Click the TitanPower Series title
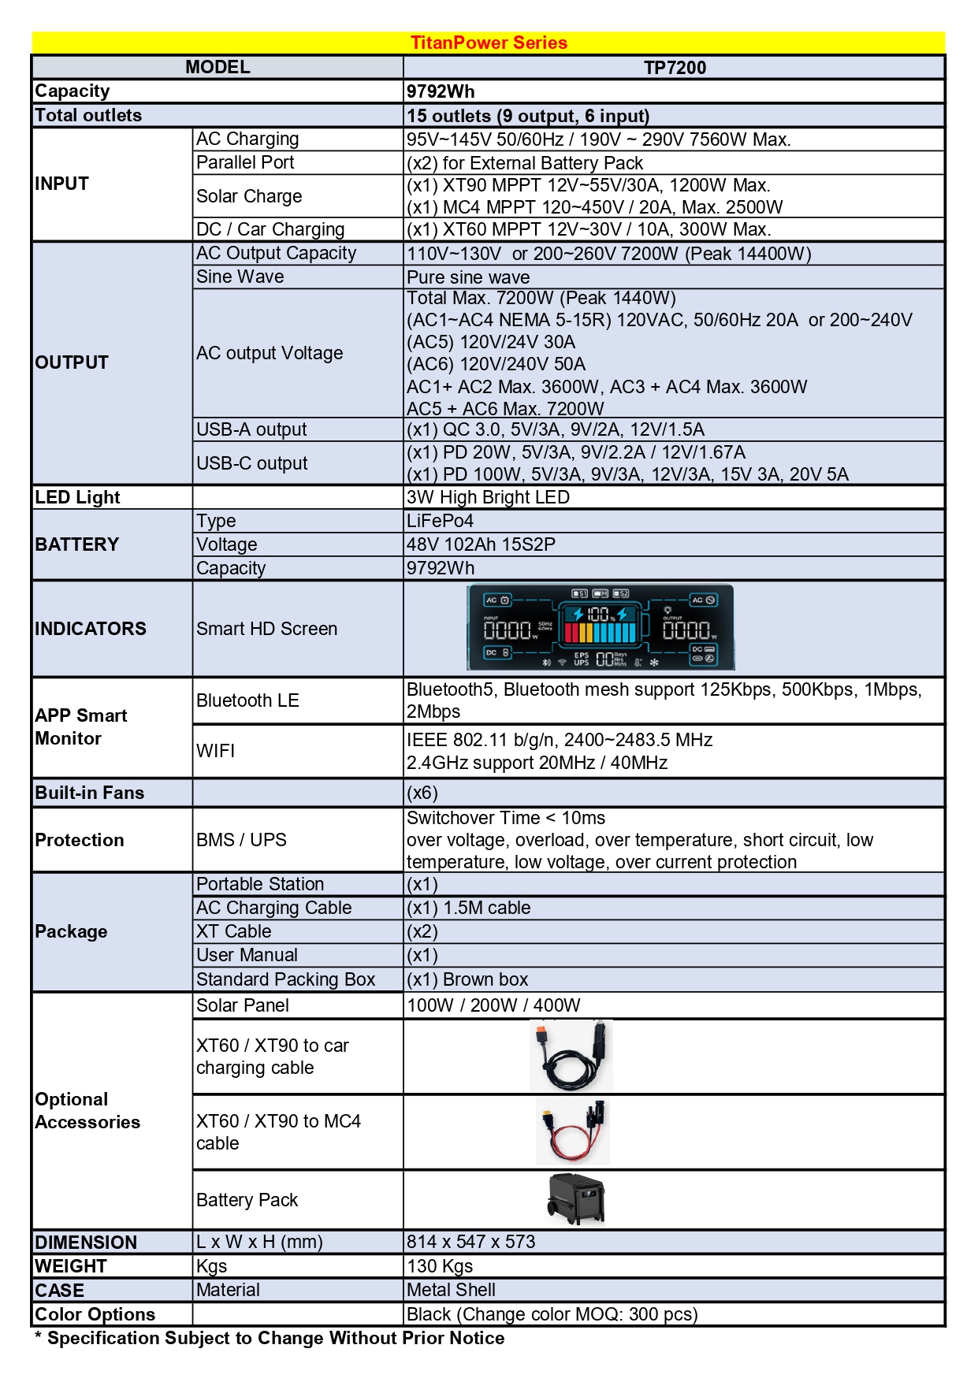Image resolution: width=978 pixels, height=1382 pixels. click(x=489, y=43)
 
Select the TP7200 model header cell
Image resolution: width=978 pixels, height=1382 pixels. click(x=675, y=68)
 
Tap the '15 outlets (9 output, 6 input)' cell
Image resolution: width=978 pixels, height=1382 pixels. click(x=528, y=116)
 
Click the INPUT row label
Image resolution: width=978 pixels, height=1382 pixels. click(x=62, y=184)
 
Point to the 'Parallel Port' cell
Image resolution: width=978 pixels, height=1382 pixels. click(x=245, y=162)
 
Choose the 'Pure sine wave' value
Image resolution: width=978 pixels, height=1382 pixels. click(x=468, y=277)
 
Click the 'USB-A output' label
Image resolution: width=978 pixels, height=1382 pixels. click(x=251, y=429)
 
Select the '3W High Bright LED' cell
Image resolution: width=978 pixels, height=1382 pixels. click(x=488, y=497)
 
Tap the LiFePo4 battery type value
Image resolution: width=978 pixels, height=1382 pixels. click(x=440, y=521)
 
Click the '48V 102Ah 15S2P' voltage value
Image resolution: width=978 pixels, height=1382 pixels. click(x=481, y=544)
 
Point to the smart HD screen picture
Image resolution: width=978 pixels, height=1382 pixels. click(x=600, y=628)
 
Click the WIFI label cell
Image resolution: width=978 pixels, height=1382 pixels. click(x=216, y=751)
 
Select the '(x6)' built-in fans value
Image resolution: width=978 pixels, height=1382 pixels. click(x=422, y=793)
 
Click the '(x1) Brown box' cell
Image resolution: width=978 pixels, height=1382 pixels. click(x=467, y=979)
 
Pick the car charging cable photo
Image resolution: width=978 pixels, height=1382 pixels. click(x=571, y=1056)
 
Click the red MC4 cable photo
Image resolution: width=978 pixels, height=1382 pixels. click(x=573, y=1131)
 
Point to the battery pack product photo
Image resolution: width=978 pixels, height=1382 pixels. click(x=576, y=1199)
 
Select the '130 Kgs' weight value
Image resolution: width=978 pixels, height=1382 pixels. click(x=440, y=1266)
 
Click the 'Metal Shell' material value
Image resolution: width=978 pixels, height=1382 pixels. click(x=451, y=1290)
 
